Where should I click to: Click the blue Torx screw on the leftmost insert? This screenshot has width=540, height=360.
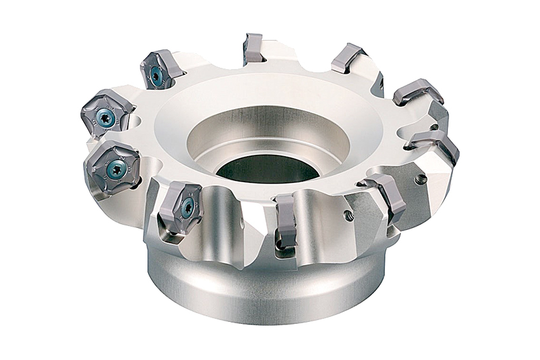click(106, 118)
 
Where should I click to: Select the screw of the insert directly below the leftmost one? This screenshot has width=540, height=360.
click(116, 168)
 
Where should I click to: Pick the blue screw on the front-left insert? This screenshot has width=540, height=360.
click(187, 208)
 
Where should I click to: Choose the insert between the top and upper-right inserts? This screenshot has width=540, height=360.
click(348, 58)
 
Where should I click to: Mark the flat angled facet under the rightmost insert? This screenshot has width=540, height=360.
click(438, 184)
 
